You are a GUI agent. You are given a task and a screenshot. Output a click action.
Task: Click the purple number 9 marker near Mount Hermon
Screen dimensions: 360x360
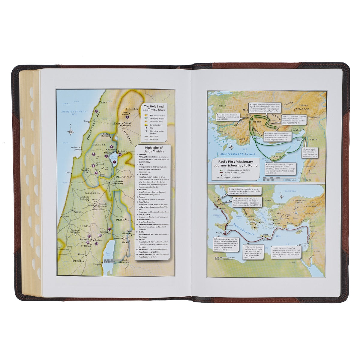click(127, 117)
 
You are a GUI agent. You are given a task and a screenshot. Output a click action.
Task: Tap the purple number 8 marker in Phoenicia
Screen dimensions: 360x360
click(96, 112)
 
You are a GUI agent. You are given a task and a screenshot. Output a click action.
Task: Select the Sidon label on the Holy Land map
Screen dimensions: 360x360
click(104, 103)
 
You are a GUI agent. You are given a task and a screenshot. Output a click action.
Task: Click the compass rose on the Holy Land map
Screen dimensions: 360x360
click(71, 131)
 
